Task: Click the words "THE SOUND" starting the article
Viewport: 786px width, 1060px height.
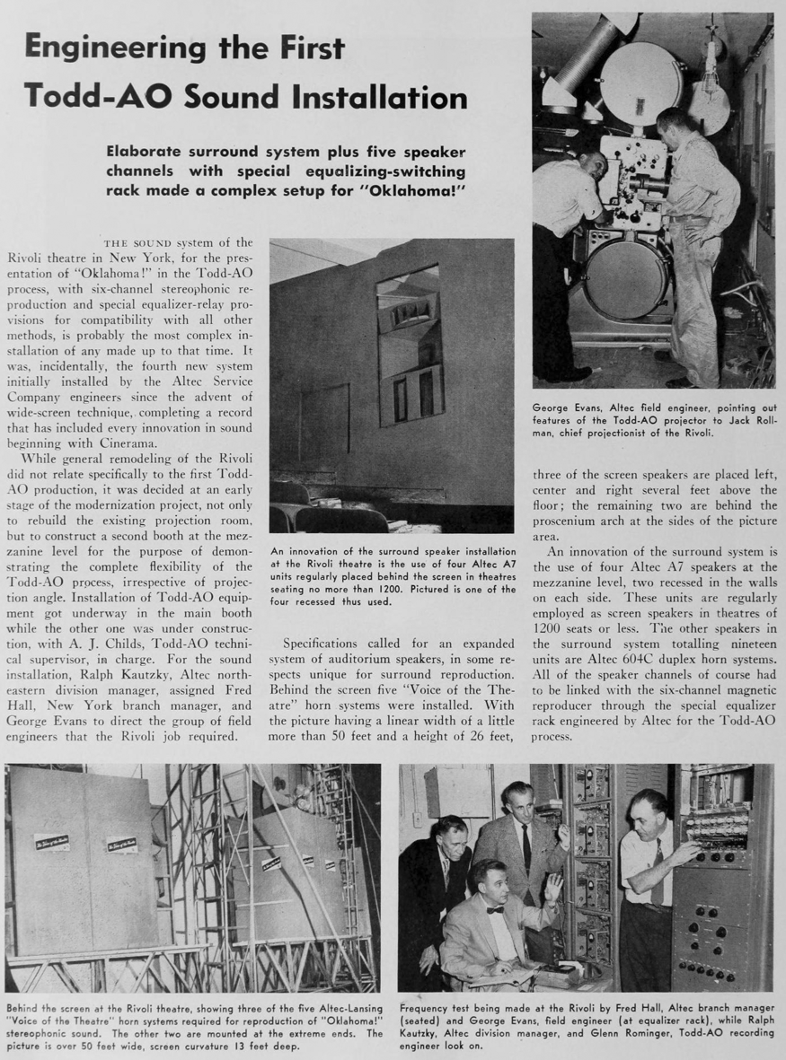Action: point(139,242)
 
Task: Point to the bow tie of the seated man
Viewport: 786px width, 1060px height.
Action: point(494,909)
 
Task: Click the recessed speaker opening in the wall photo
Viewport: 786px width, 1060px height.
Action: point(409,346)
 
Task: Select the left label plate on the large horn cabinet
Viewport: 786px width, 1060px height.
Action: point(52,842)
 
